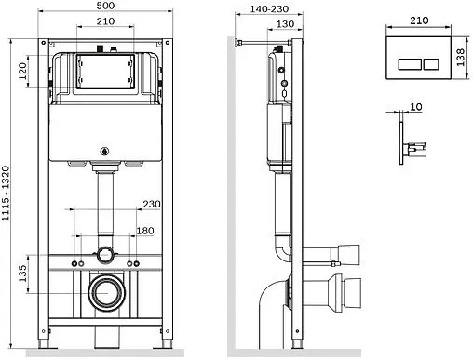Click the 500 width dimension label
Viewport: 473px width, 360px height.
click(x=105, y=6)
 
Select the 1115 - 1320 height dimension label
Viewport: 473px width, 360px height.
click(x=6, y=193)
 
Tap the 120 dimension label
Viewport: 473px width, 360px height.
click(x=22, y=71)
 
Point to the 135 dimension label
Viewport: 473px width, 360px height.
click(x=22, y=273)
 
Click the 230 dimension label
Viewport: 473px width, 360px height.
click(x=152, y=204)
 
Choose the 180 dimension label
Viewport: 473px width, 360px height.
click(x=145, y=231)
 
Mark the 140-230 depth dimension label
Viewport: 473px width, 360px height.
click(x=269, y=9)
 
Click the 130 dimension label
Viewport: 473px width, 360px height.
click(x=285, y=24)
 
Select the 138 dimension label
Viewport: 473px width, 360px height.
click(x=460, y=58)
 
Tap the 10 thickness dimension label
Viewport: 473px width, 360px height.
click(x=416, y=107)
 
